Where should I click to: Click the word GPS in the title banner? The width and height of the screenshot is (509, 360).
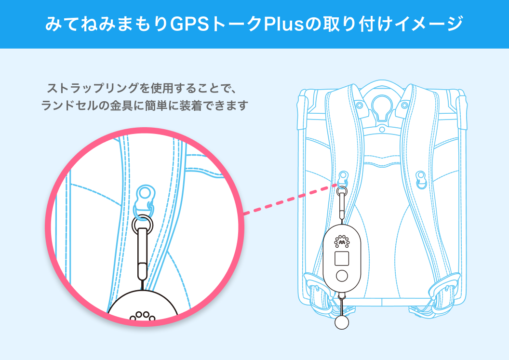190,24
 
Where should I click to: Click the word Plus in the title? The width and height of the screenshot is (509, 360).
283,24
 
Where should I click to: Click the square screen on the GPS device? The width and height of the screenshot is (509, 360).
341,258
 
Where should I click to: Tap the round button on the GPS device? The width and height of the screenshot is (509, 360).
342,276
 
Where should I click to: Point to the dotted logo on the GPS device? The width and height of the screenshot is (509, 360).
342,241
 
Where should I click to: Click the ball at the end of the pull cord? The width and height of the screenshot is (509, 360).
341,322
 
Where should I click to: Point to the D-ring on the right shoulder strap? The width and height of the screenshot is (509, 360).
421,179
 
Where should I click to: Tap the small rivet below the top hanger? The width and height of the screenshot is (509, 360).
382,130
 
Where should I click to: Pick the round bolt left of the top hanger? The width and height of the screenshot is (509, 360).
360,106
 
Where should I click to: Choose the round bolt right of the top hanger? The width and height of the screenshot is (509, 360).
404,106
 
